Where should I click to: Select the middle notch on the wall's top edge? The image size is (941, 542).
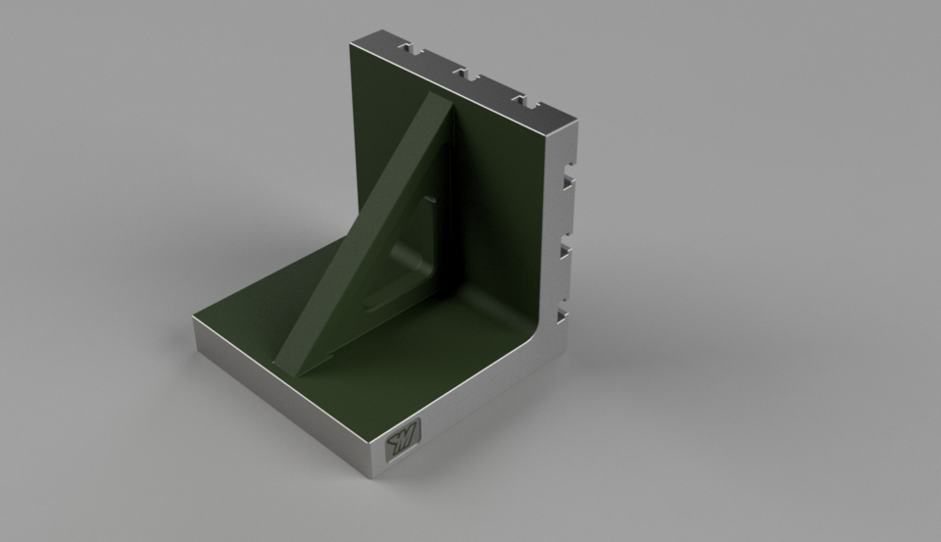coord(463,74)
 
